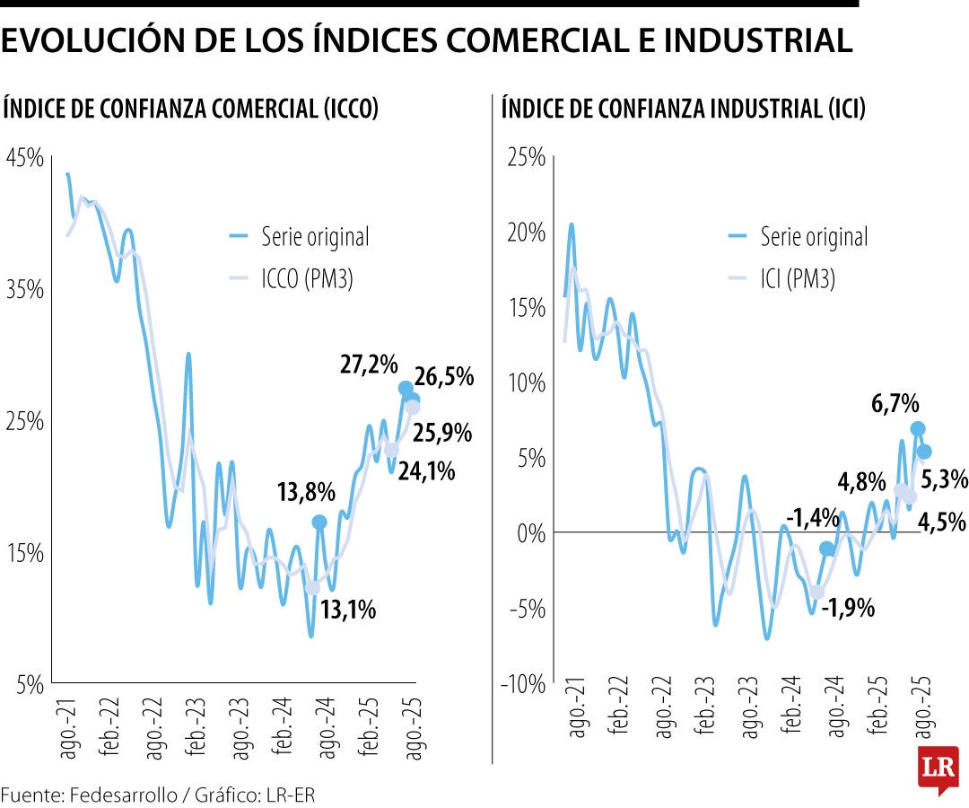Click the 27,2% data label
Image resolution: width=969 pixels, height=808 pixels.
coord(369,364)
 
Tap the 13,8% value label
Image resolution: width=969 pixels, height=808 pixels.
coord(306,492)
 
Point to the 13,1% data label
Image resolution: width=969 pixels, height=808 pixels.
coord(347,610)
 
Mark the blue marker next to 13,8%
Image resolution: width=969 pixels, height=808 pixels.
coord(319,522)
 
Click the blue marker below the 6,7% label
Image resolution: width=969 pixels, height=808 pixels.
coord(917,429)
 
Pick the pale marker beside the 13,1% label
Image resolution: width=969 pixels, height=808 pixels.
coord(312,588)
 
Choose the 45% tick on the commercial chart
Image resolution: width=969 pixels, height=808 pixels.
coord(24,158)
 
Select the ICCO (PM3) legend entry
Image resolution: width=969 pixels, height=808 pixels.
coord(307,279)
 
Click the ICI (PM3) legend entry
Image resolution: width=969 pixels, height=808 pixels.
coord(797,279)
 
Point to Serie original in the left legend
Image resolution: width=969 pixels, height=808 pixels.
coord(315,237)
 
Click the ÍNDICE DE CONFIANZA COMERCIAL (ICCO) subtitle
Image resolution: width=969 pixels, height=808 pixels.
coord(191,110)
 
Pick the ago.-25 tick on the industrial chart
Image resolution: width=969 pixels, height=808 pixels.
coord(922,720)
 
